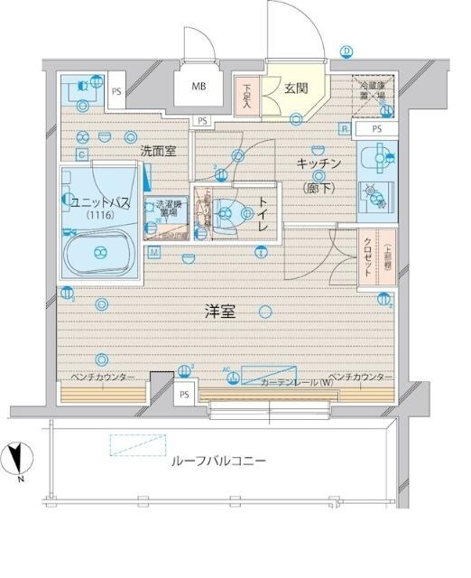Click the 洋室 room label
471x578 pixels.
(x=219, y=312)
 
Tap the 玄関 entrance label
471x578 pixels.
(x=296, y=89)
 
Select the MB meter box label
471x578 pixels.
(x=197, y=88)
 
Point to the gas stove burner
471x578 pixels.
(x=370, y=192)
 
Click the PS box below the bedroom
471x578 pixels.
(x=184, y=395)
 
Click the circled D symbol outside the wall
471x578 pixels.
(x=346, y=51)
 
